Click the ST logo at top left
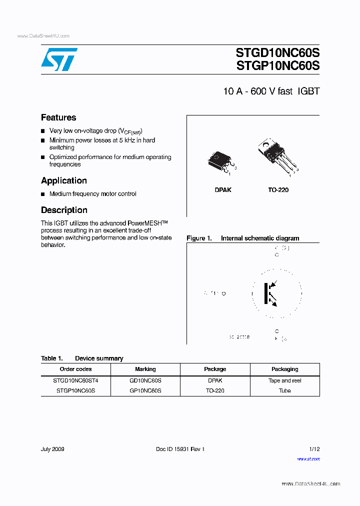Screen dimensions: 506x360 59,59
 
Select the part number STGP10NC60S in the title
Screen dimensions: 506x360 277,66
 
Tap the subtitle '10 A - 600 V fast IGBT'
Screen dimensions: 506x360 271,91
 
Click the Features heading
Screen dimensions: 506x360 58,117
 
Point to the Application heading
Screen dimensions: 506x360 64,180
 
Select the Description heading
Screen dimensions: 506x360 64,210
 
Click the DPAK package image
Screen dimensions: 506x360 220,161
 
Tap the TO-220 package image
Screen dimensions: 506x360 276,155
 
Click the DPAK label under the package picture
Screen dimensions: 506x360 223,190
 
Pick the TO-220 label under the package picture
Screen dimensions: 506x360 278,190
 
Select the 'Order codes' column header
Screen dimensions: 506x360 75,369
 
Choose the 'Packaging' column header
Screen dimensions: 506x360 284,369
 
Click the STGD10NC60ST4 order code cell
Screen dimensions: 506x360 75,380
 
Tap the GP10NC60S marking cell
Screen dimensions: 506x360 145,390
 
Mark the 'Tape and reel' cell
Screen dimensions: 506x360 284,380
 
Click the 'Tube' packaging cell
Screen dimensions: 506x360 284,390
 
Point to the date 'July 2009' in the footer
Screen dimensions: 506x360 52,449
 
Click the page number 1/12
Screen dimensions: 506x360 314,449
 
